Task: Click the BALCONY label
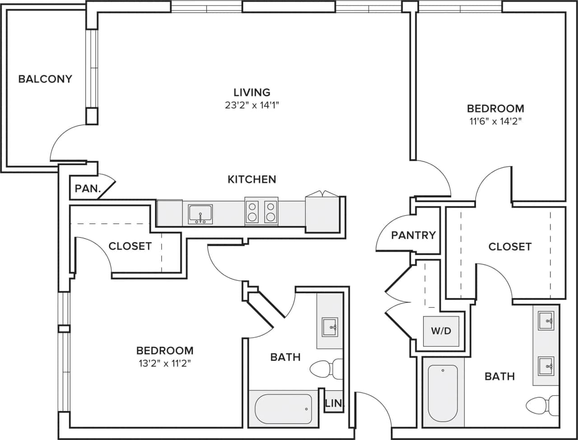pos(45,79)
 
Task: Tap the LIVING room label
pos(252,93)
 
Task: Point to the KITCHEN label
pos(252,179)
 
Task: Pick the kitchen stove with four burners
pos(261,211)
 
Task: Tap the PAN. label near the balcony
pos(88,189)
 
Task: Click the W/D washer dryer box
pos(441,331)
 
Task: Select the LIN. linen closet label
pos(333,403)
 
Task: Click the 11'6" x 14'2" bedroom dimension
pos(495,121)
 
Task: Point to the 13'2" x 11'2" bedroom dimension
pos(165,363)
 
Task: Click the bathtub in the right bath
pos(443,392)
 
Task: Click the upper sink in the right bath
pos(546,321)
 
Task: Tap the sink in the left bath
pos(330,327)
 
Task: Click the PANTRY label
pos(413,235)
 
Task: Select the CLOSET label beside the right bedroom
pos(510,246)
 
